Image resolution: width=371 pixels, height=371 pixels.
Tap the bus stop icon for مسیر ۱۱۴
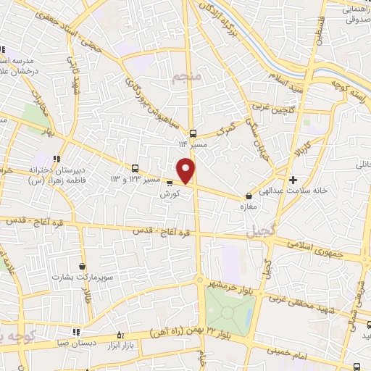coord(193,133)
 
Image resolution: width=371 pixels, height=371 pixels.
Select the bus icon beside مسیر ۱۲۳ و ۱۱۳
coord(135,168)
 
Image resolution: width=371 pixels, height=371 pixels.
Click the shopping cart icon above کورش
coord(170,183)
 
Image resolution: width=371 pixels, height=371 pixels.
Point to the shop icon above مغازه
coord(249,195)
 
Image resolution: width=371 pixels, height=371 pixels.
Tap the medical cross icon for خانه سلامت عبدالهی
coord(293,180)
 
